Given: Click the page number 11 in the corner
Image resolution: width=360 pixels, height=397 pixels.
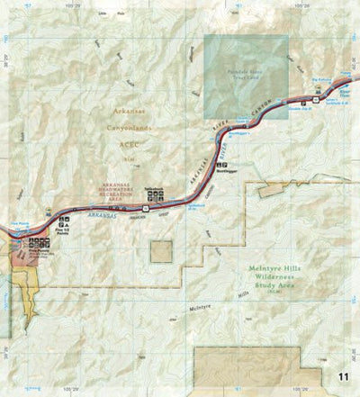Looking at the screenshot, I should point(344,376).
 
